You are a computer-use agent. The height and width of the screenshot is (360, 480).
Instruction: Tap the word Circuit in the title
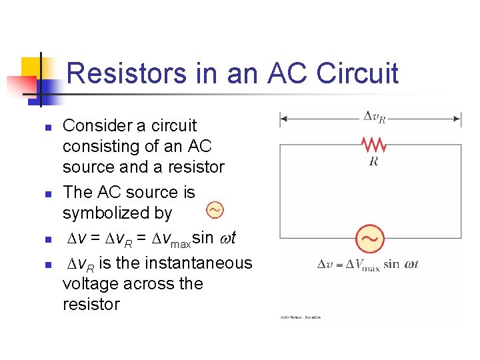[357, 73]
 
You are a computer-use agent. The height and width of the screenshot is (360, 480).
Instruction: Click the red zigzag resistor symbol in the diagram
[373, 144]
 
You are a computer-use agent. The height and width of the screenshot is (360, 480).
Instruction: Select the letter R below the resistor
[373, 161]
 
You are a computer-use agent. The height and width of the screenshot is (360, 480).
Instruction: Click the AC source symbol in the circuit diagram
[371, 239]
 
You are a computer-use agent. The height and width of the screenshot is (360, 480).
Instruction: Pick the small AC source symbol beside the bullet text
[215, 211]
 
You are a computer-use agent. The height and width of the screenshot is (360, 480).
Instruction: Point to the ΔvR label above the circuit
[374, 117]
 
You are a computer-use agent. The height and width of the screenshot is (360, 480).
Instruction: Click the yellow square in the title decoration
[32, 67]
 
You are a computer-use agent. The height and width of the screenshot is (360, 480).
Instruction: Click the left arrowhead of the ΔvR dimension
[283, 119]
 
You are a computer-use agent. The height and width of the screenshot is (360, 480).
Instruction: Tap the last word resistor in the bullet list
[91, 305]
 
